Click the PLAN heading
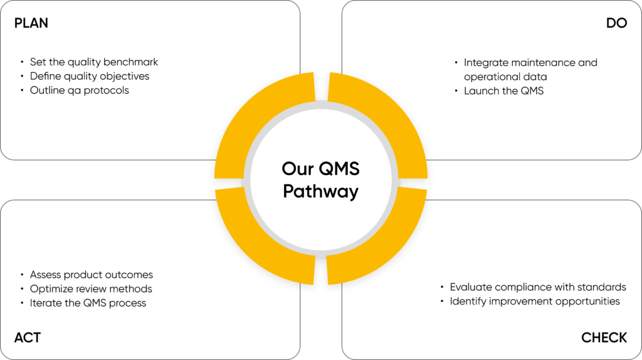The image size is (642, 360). tap(31, 23)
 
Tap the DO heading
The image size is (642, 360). tap(616, 23)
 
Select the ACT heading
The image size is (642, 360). tap(28, 337)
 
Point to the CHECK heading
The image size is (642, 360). tap(604, 337)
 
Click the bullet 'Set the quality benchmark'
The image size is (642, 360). tap(94, 62)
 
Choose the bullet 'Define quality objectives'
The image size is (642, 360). tap(90, 76)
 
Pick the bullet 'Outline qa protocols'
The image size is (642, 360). tap(80, 90)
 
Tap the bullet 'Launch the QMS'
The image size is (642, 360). tap(503, 91)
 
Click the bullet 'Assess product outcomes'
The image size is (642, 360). tap(92, 275)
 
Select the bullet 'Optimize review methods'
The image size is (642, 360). tap(91, 289)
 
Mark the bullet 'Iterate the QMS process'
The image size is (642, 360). tap(88, 303)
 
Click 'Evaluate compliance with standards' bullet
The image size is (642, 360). tap(538, 287)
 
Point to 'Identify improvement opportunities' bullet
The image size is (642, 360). tap(535, 301)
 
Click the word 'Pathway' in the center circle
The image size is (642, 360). tap(320, 191)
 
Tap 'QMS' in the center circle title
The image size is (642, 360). tap(338, 169)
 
